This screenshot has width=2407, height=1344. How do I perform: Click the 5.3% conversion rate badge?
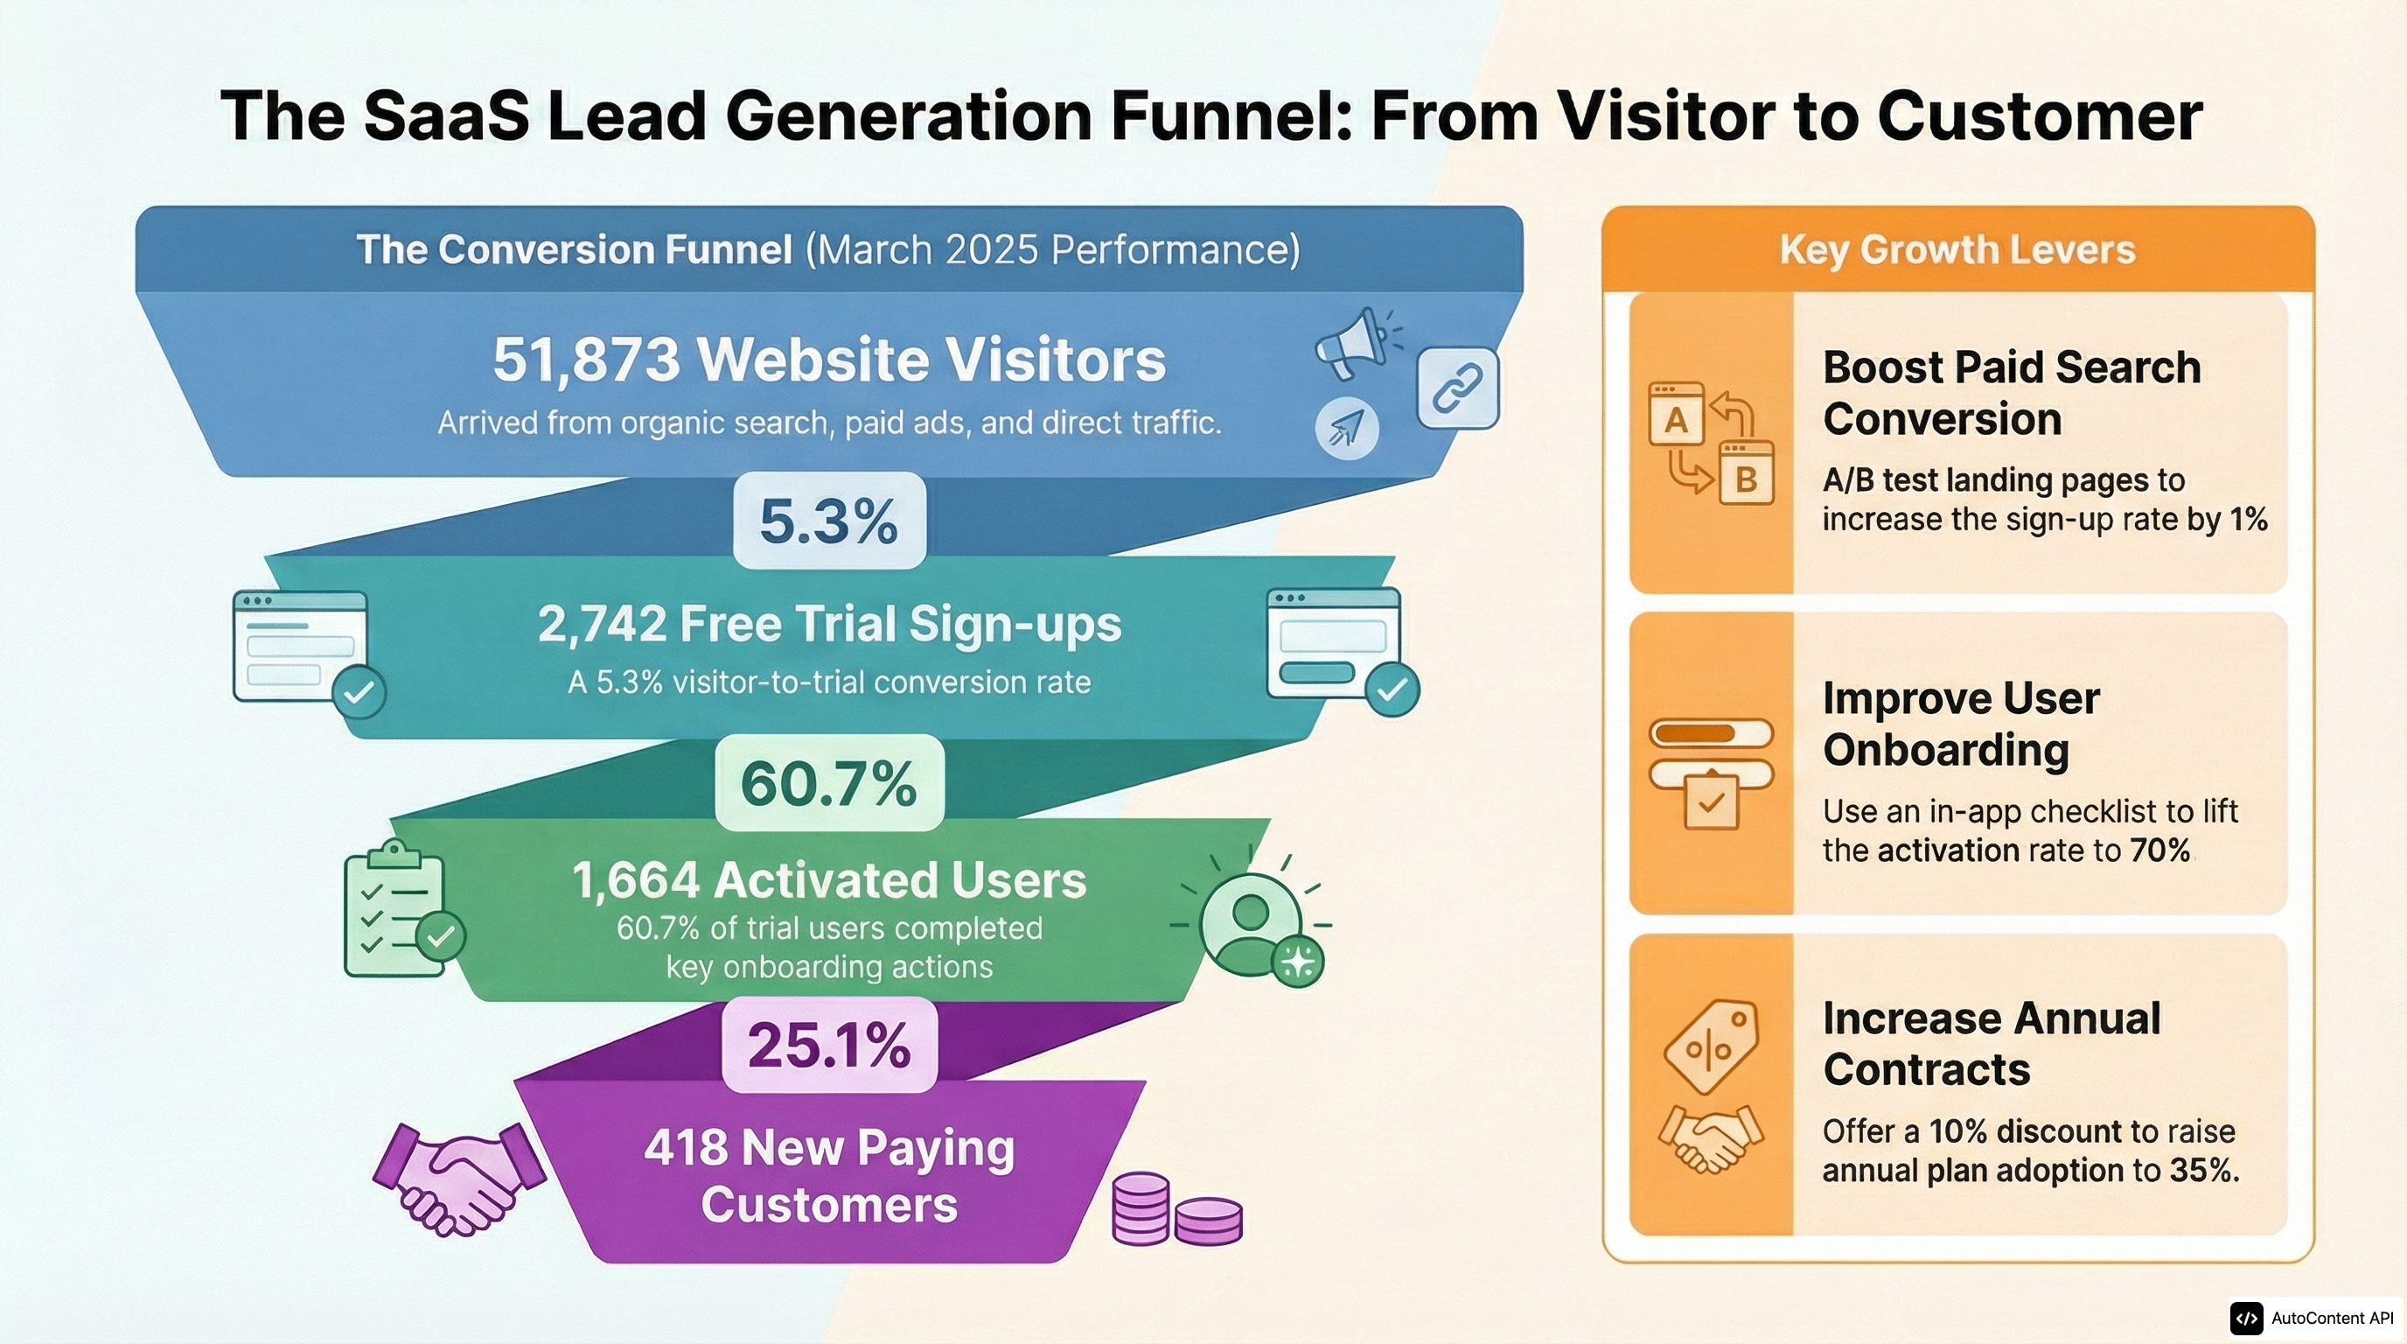click(x=829, y=521)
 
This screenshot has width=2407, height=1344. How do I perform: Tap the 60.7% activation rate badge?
click(x=829, y=783)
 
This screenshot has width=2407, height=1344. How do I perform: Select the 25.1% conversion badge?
click(x=829, y=1044)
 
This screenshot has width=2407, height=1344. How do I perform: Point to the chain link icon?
click(x=1458, y=388)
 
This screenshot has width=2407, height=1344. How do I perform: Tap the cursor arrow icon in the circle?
click(x=1346, y=428)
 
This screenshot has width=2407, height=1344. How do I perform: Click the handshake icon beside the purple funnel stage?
click(x=457, y=1179)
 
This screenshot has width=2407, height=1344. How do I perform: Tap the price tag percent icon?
click(x=1711, y=1046)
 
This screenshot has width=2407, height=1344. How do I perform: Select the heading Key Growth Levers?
click(x=1957, y=249)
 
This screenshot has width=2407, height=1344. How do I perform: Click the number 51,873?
click(x=586, y=360)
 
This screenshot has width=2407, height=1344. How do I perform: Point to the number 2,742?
click(x=602, y=625)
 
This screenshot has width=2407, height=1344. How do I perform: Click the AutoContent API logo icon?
click(x=2246, y=1318)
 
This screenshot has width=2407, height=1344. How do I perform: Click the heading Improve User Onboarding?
click(x=1960, y=724)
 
